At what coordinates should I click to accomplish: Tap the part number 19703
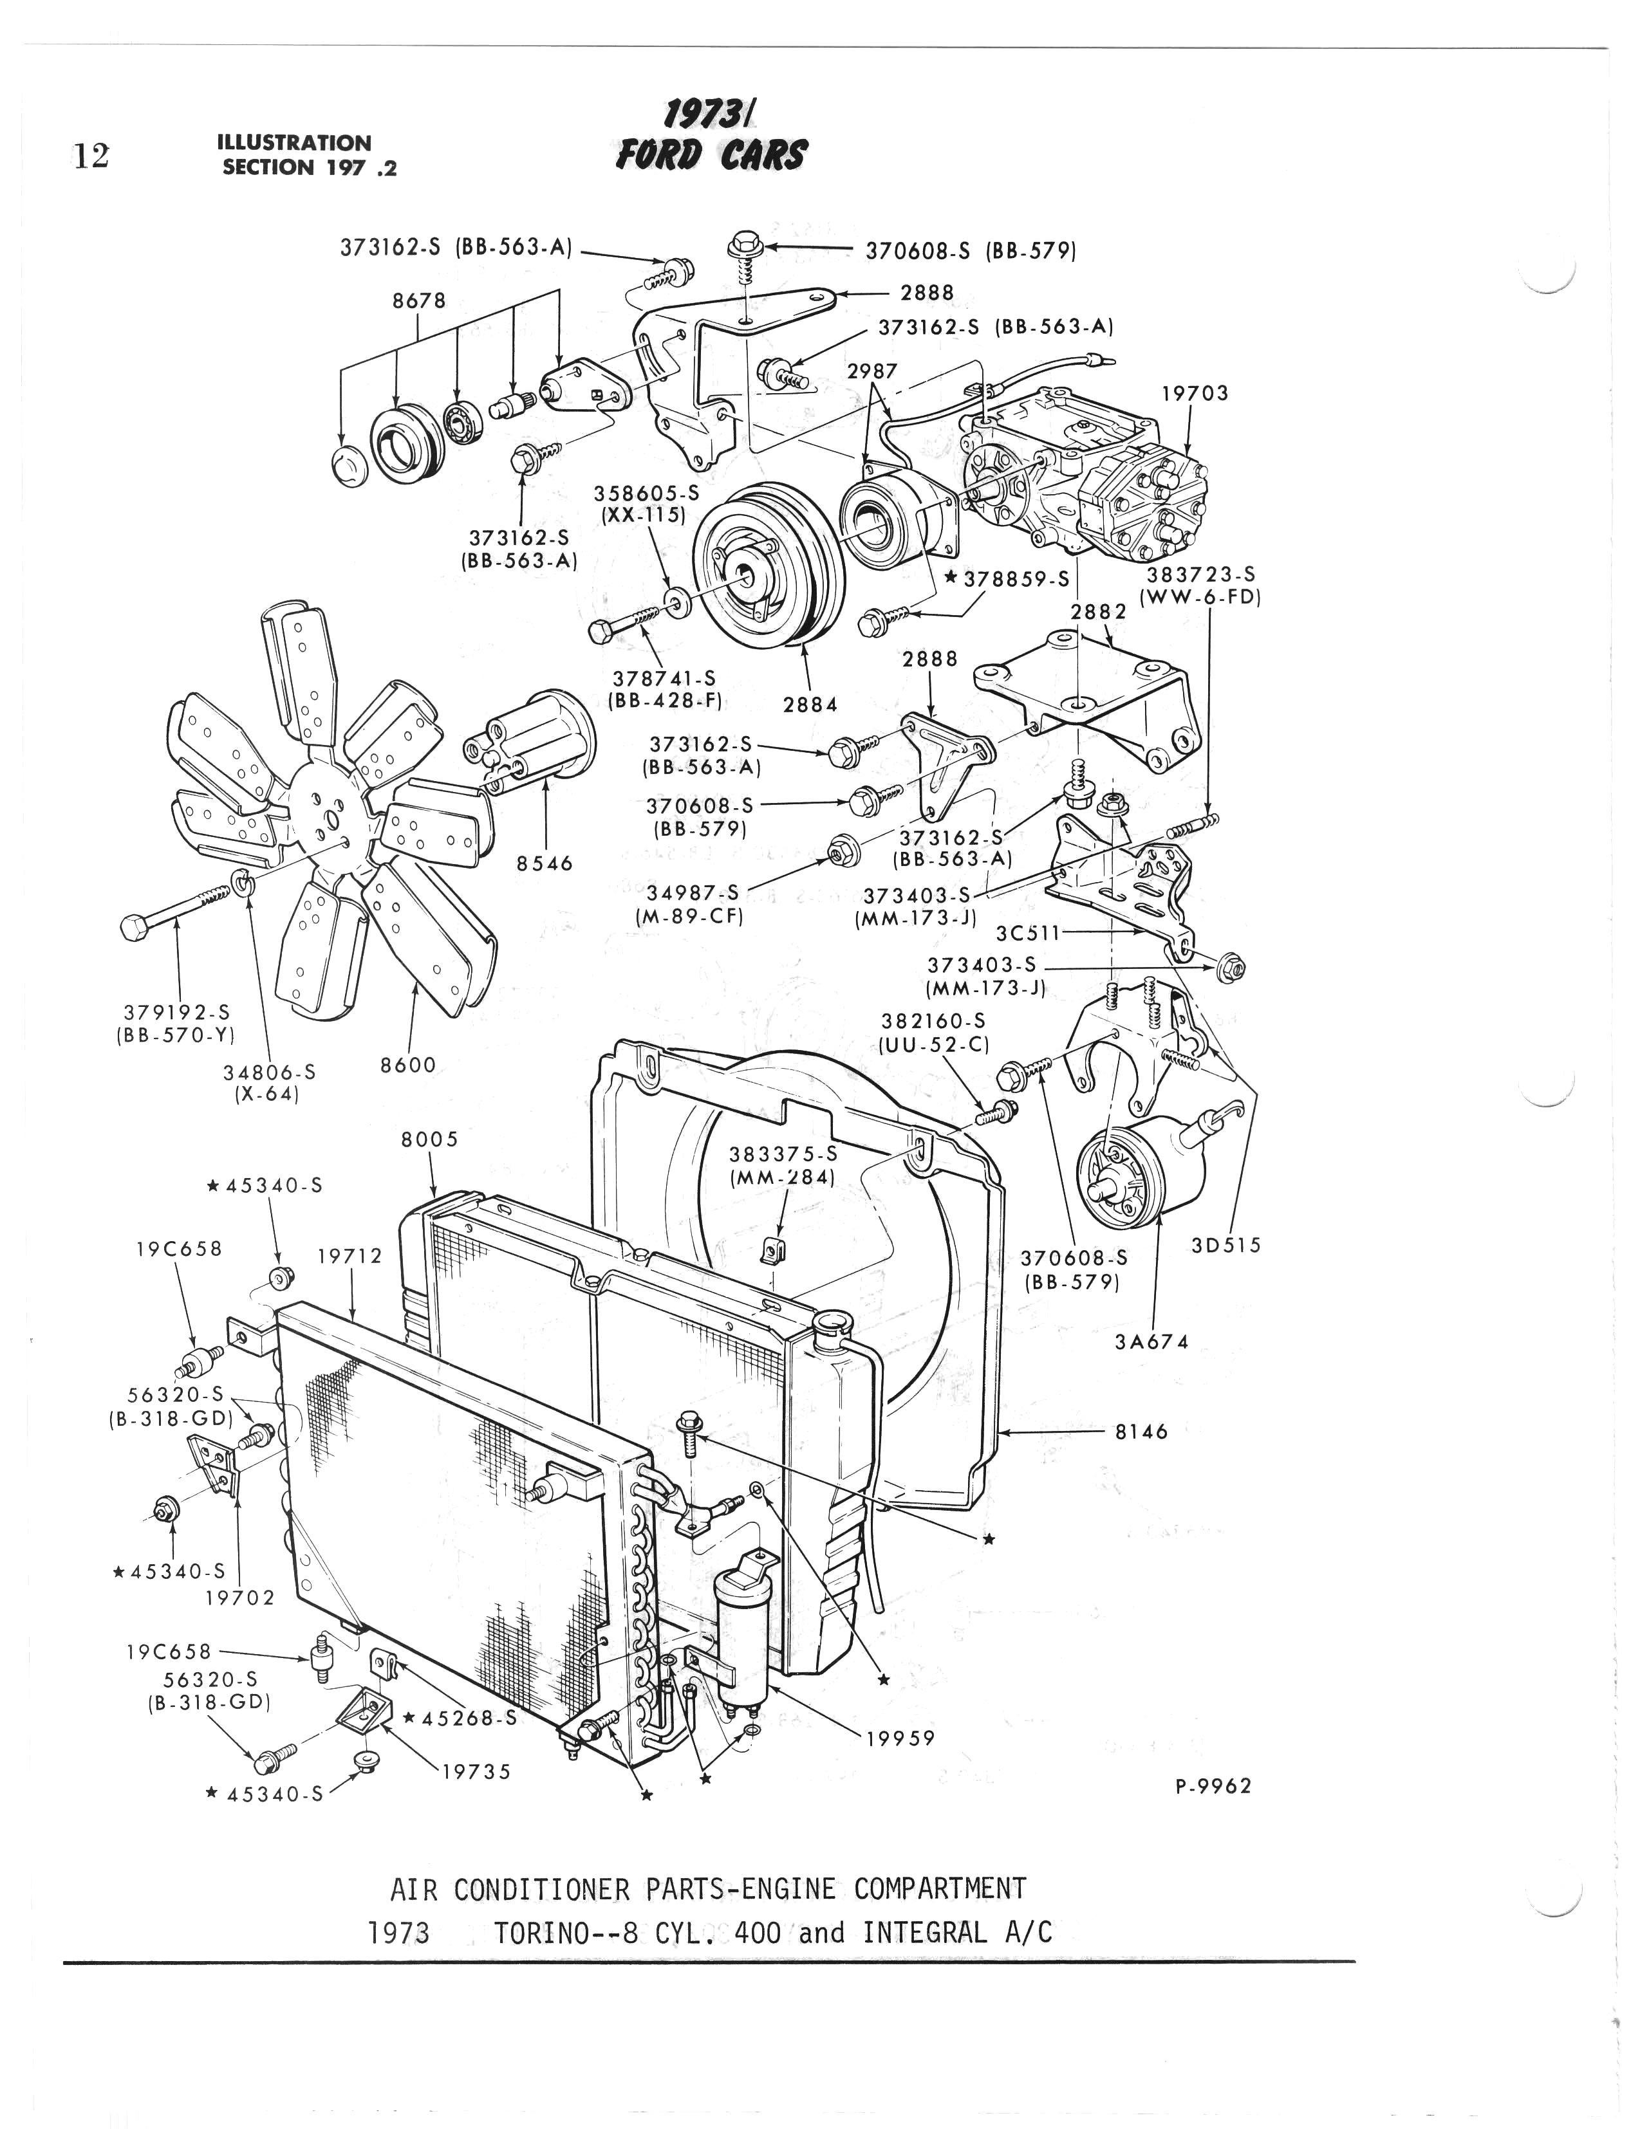(1195, 394)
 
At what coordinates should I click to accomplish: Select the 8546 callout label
(545, 863)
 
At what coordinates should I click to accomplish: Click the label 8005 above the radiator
(430, 1139)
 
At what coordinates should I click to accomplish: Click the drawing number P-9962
(1212, 1787)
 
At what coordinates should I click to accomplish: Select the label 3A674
(1151, 1342)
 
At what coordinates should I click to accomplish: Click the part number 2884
(810, 704)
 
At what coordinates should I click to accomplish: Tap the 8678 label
(419, 300)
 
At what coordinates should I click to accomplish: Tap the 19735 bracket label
(476, 1772)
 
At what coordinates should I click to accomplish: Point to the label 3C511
(1028, 933)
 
